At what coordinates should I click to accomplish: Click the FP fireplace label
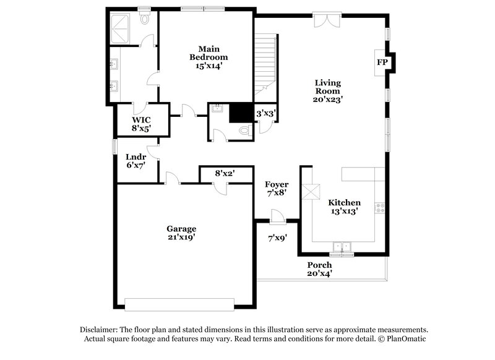point(382,62)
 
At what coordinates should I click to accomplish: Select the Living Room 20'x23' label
point(328,90)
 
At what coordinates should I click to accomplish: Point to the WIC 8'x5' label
point(141,124)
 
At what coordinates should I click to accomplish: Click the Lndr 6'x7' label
point(136,161)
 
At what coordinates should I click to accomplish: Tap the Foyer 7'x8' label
point(276,189)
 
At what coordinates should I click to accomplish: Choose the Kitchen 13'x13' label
point(344,207)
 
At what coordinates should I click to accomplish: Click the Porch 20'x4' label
point(320,269)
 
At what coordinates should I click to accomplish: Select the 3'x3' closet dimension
point(265,113)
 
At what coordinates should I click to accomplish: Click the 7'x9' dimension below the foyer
point(277,238)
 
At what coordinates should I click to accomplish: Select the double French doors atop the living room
point(325,20)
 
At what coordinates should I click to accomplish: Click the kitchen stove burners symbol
point(380,208)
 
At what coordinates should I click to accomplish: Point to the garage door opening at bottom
point(180,303)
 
